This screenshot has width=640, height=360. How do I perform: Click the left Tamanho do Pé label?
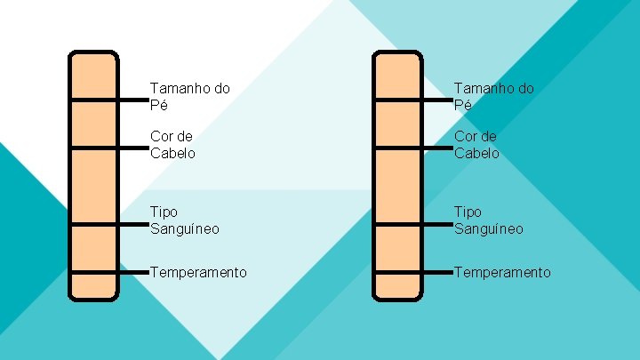[190, 96]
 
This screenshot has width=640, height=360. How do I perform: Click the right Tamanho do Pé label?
[494, 96]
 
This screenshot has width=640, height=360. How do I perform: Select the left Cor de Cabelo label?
[172, 144]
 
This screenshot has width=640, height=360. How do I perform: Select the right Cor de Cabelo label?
[476, 144]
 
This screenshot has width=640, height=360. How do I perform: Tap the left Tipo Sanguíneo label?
[185, 220]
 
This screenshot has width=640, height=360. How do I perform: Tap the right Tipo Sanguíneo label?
[489, 220]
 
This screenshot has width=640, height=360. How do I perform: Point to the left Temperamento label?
[198, 272]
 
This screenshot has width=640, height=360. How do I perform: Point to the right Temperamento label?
[502, 272]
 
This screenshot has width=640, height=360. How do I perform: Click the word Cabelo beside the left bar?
[172, 152]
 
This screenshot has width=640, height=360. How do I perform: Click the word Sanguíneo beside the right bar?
[489, 228]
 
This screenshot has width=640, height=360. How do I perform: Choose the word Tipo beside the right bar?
[468, 212]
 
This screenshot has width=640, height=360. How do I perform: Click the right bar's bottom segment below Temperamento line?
[397, 285]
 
